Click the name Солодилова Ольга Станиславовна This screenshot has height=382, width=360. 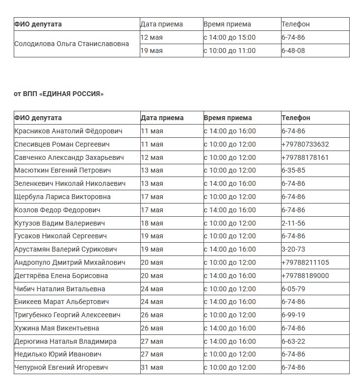click(72, 44)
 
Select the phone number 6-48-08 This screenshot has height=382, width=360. click(293, 51)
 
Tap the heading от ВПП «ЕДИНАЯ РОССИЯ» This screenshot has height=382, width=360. click(59, 94)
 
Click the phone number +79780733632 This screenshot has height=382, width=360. click(305, 144)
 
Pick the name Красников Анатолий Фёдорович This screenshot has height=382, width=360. click(69, 131)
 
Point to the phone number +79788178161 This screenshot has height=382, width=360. click(305, 157)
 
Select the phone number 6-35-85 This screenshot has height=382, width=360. click(293, 171)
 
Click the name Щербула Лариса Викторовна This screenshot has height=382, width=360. click(62, 197)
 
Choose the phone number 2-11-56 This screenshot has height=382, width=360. click(293, 223)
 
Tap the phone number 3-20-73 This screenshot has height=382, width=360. click(293, 249)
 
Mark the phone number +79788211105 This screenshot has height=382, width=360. click(305, 262)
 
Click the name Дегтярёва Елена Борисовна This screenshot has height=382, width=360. click(61, 276)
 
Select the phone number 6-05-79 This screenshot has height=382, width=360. click(293, 289)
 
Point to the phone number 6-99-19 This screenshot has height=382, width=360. click(293, 315)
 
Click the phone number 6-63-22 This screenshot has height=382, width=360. click(293, 341)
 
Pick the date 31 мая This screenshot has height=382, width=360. click(152, 367)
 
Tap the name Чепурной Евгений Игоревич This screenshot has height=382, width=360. click(61, 367)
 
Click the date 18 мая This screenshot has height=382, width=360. click(152, 223)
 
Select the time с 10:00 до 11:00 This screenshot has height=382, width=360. click(230, 51)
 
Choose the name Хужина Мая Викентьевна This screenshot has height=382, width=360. click(57, 328)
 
